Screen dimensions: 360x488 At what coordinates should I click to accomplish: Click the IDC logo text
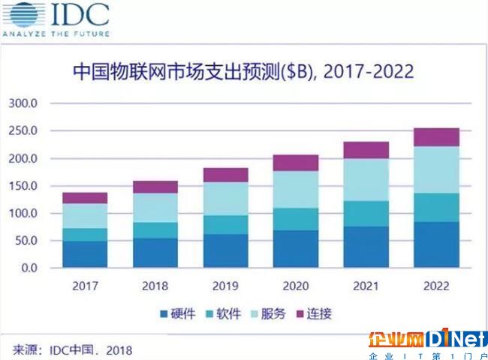[79, 14]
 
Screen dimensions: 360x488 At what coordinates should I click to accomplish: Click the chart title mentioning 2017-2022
[243, 73]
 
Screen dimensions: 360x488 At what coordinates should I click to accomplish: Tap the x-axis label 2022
[436, 286]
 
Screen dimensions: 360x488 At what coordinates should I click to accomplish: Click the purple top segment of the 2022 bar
[436, 136]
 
